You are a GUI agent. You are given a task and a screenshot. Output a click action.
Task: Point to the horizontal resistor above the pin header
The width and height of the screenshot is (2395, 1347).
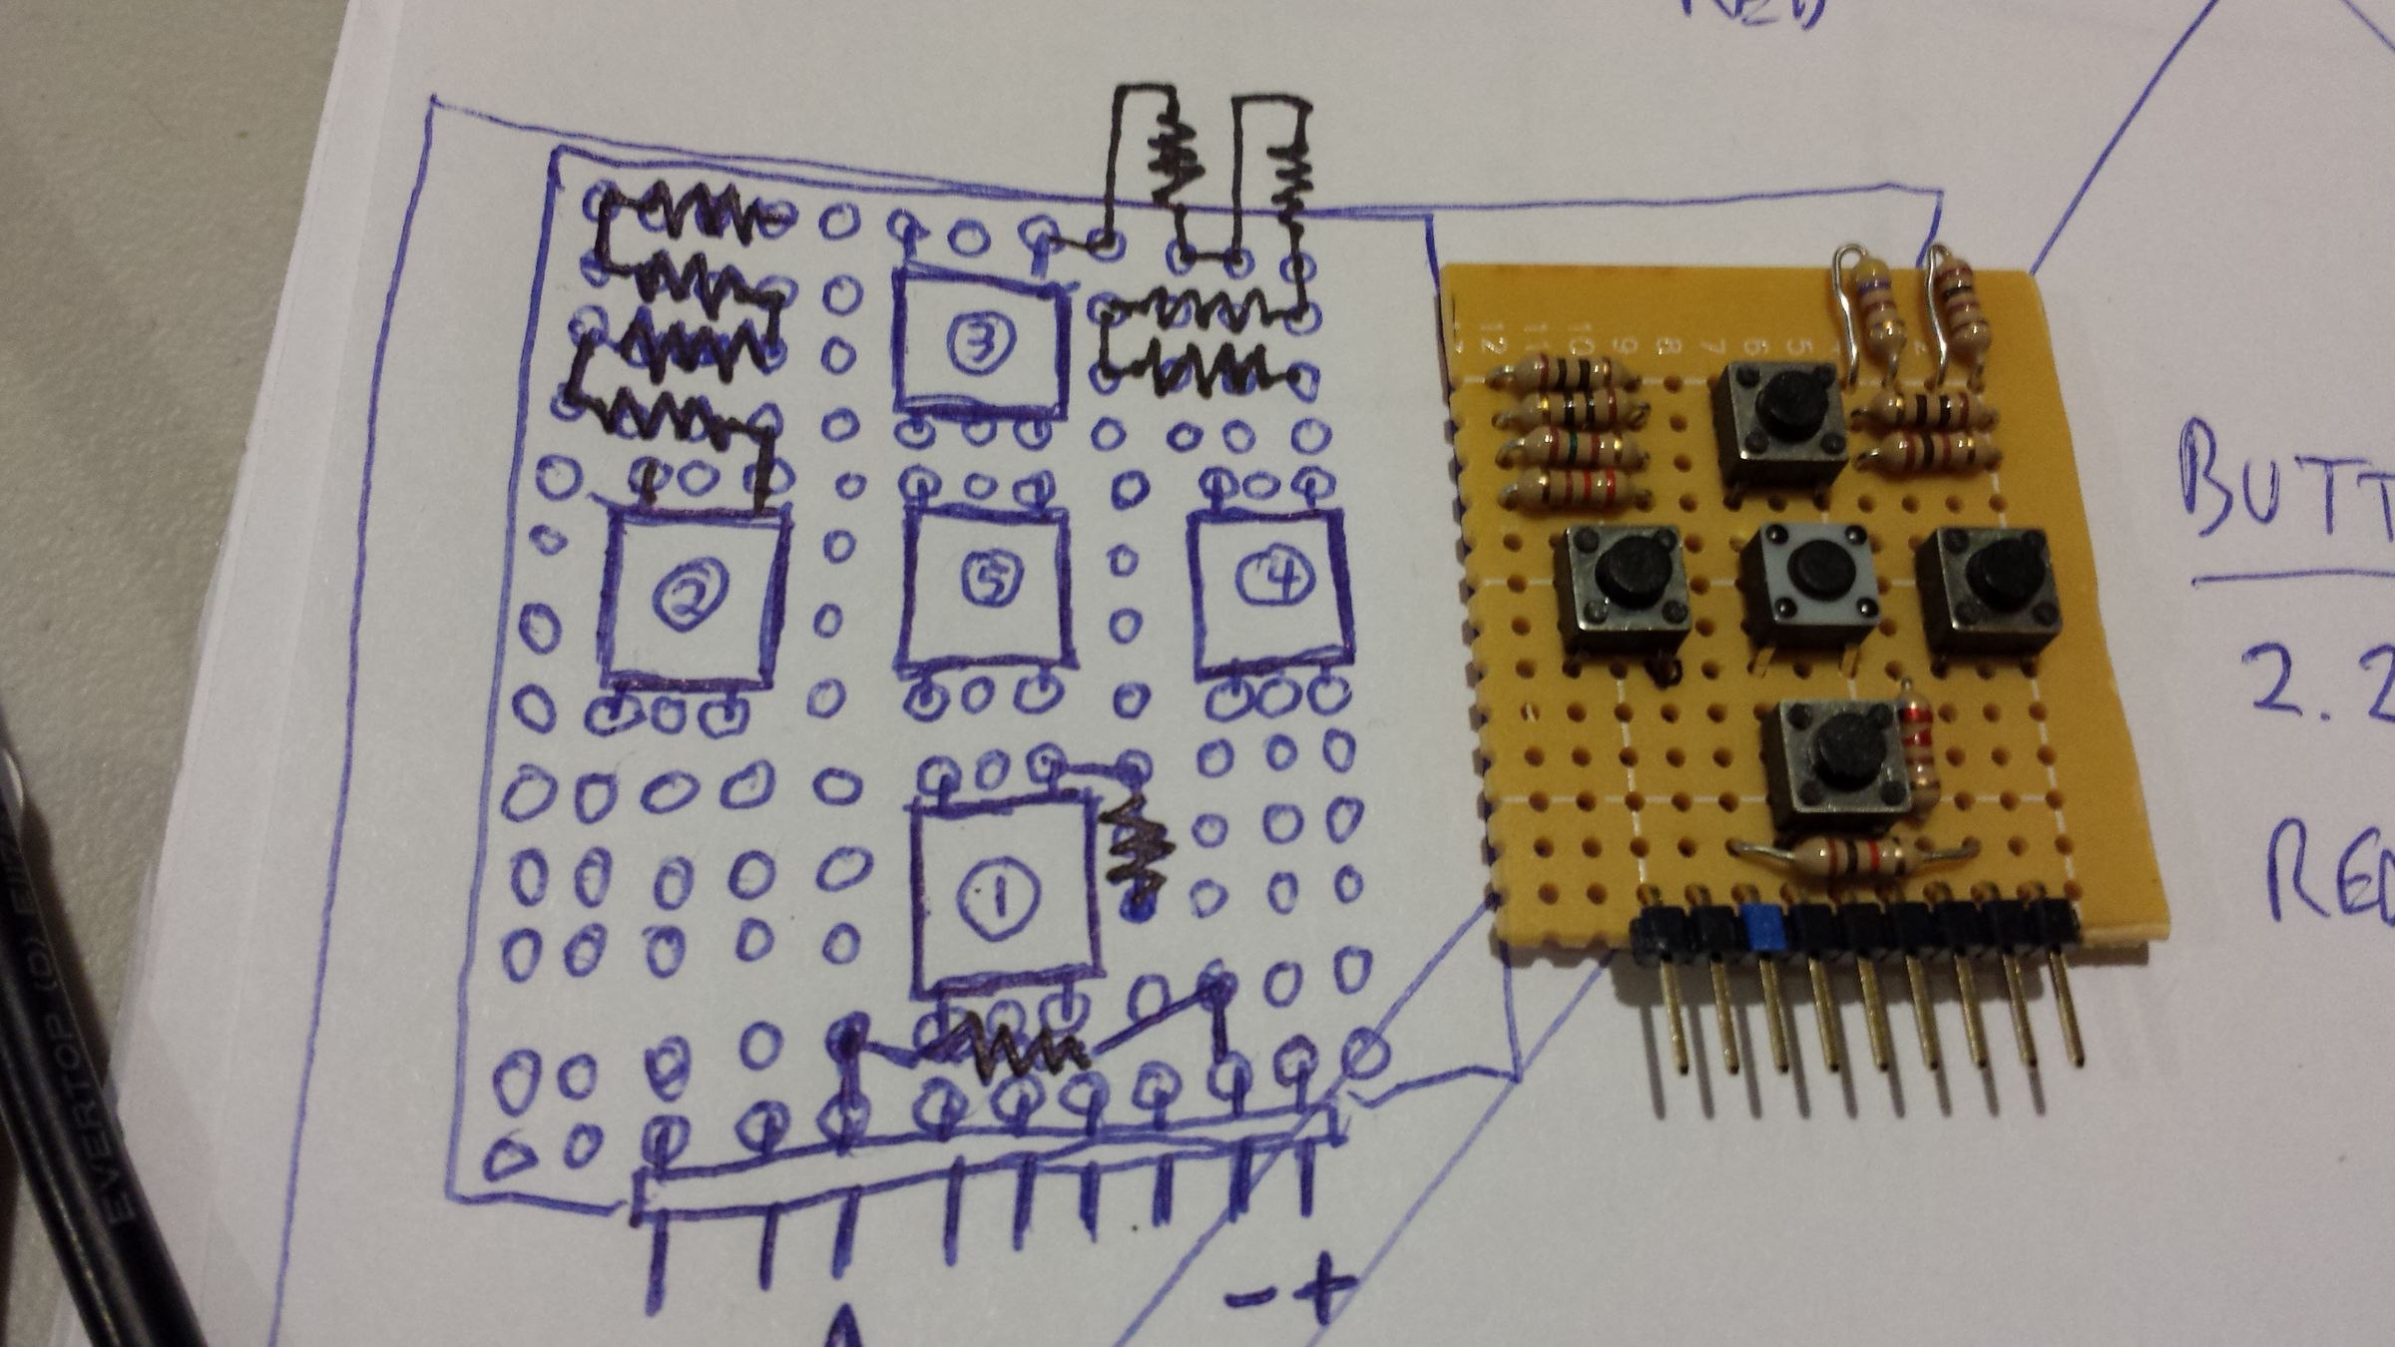point(1854,855)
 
